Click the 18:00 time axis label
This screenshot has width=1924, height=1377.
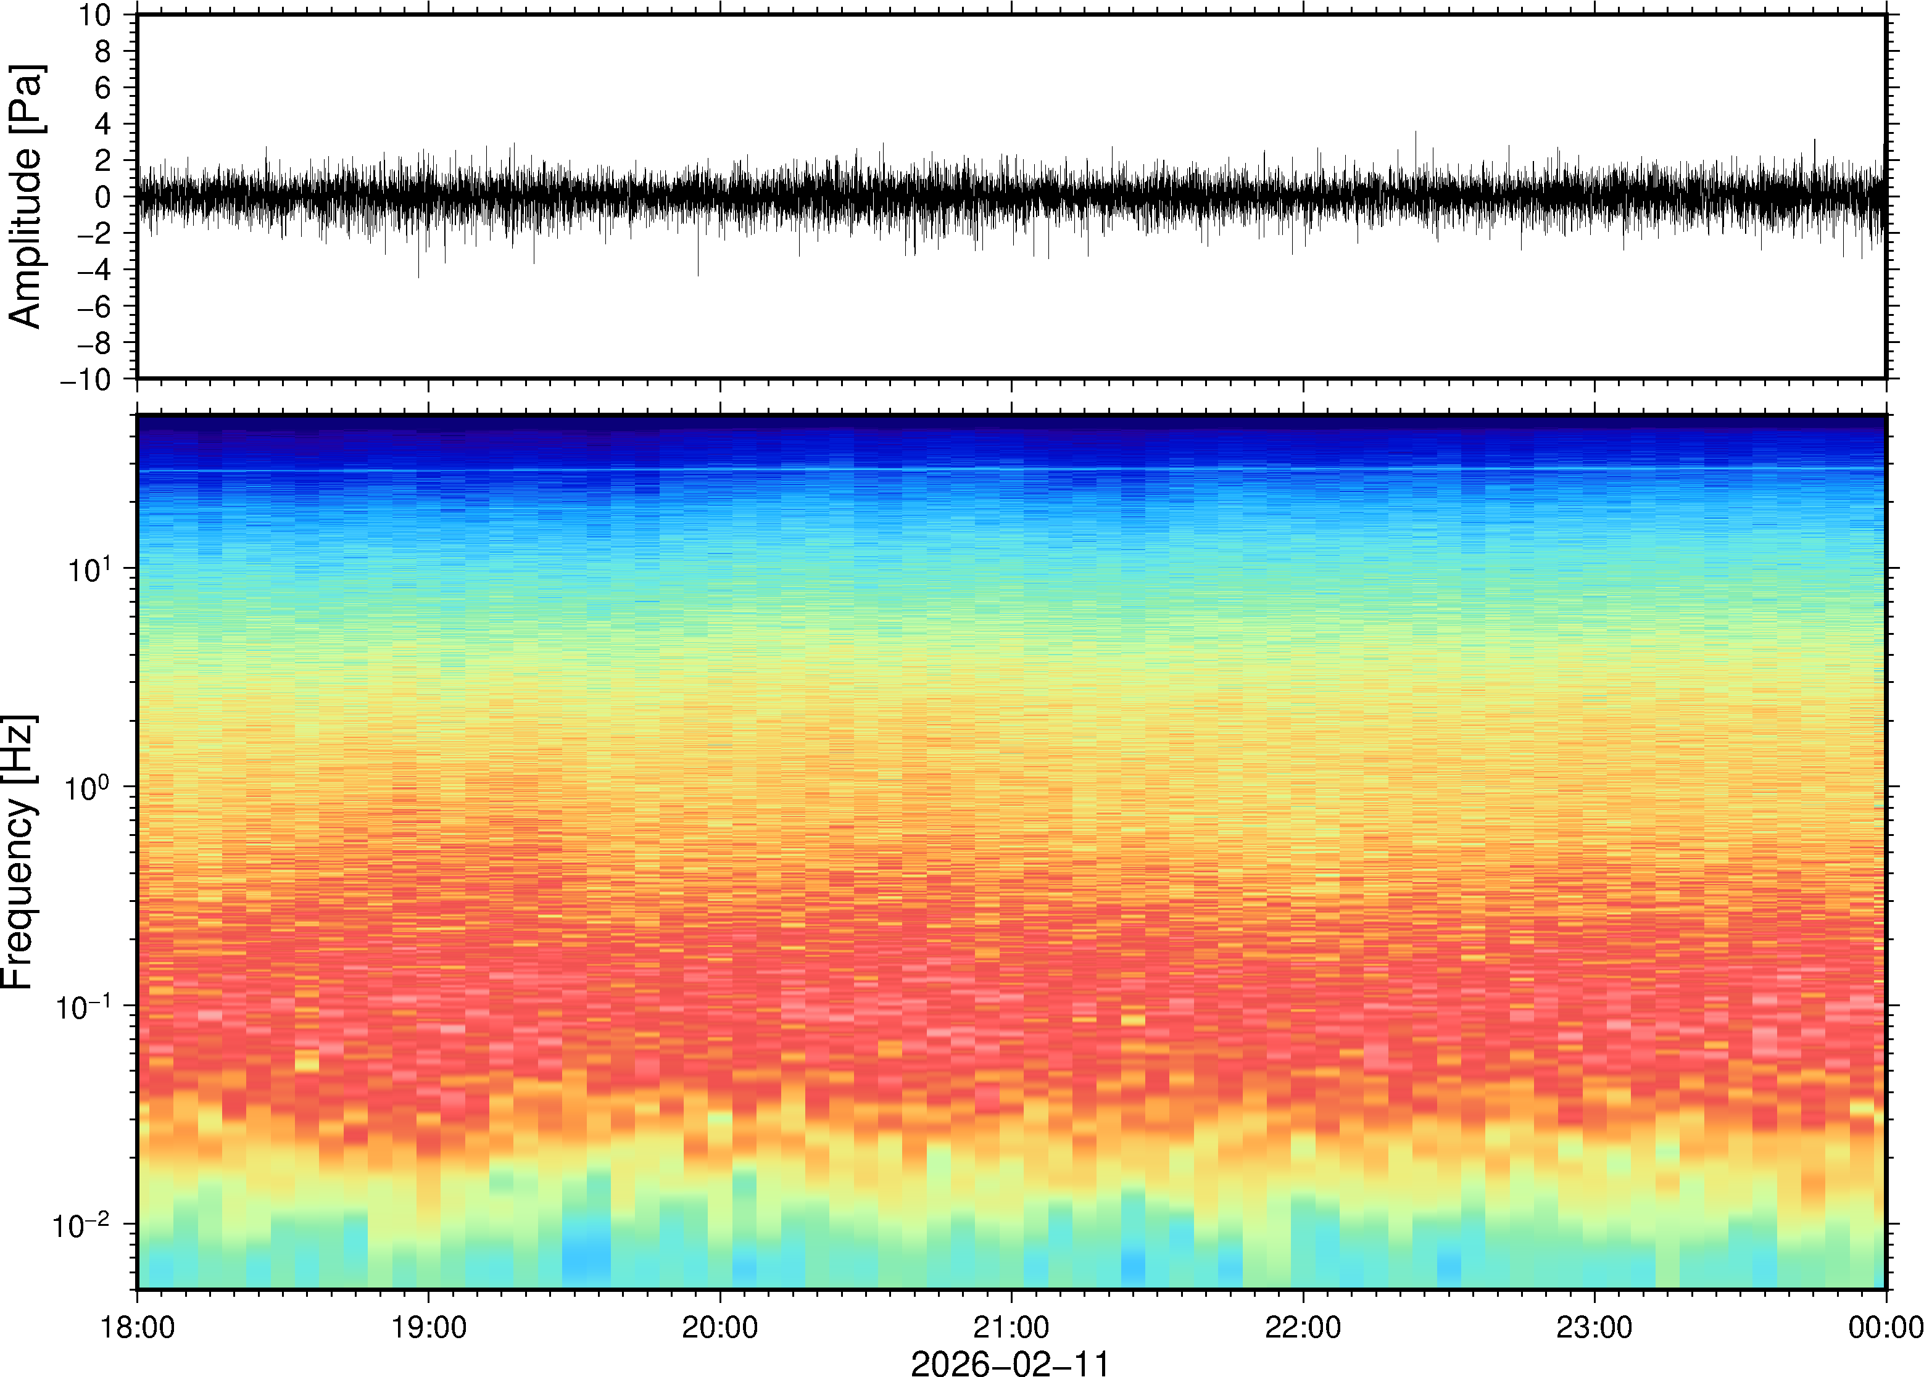(138, 1327)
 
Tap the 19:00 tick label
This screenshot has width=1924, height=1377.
(428, 1327)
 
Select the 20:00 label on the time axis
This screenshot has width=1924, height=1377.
(720, 1327)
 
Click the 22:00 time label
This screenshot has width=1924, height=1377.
(1303, 1327)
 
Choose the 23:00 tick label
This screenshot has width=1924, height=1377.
(1594, 1327)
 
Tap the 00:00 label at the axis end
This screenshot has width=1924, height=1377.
(1885, 1327)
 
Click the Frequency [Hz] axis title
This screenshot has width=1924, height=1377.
(19, 852)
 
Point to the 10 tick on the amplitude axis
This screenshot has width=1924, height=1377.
(95, 15)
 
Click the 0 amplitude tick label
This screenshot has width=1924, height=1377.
(104, 197)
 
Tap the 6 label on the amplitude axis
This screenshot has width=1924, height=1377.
(104, 88)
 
